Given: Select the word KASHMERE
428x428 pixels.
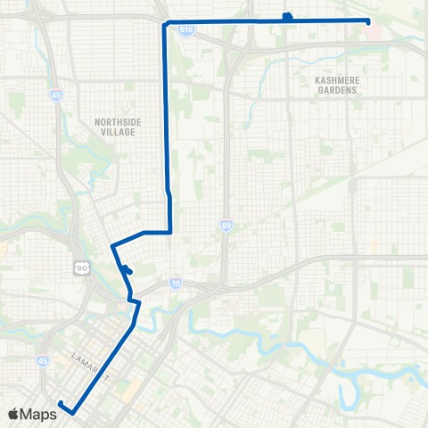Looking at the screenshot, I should click(336, 82).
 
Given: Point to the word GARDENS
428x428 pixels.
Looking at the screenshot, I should click(336, 91).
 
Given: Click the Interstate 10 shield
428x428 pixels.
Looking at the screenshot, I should click(176, 281).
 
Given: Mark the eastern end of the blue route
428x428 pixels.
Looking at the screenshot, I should click(368, 21).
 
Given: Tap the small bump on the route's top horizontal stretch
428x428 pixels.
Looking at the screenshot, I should click(287, 16).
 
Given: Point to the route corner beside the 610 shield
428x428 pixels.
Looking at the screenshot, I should click(165, 24).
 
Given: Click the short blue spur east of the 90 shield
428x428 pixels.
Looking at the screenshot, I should click(128, 270).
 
